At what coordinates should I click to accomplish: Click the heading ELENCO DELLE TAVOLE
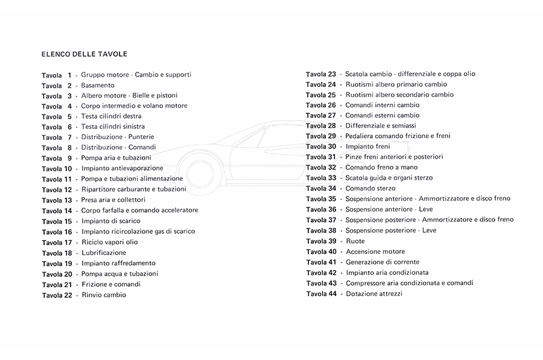tap(84, 54)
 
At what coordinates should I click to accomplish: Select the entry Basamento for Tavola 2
tap(98, 85)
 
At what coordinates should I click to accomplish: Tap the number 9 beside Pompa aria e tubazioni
tap(69, 159)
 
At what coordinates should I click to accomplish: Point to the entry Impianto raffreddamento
tap(118, 263)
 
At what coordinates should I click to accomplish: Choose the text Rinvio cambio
tap(104, 295)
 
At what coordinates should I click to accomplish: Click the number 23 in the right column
tap(331, 74)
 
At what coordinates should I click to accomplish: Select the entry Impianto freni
tap(367, 147)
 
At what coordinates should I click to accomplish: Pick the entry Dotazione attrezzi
tap(374, 294)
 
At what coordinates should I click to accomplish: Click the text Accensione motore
tap(375, 251)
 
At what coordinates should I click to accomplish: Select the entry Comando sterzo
tap(370, 188)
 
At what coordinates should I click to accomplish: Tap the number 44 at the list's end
tap(331, 294)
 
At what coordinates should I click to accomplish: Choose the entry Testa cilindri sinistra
tap(113, 127)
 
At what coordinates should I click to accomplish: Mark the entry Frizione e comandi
tap(110, 284)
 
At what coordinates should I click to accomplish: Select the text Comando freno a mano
tap(381, 167)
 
